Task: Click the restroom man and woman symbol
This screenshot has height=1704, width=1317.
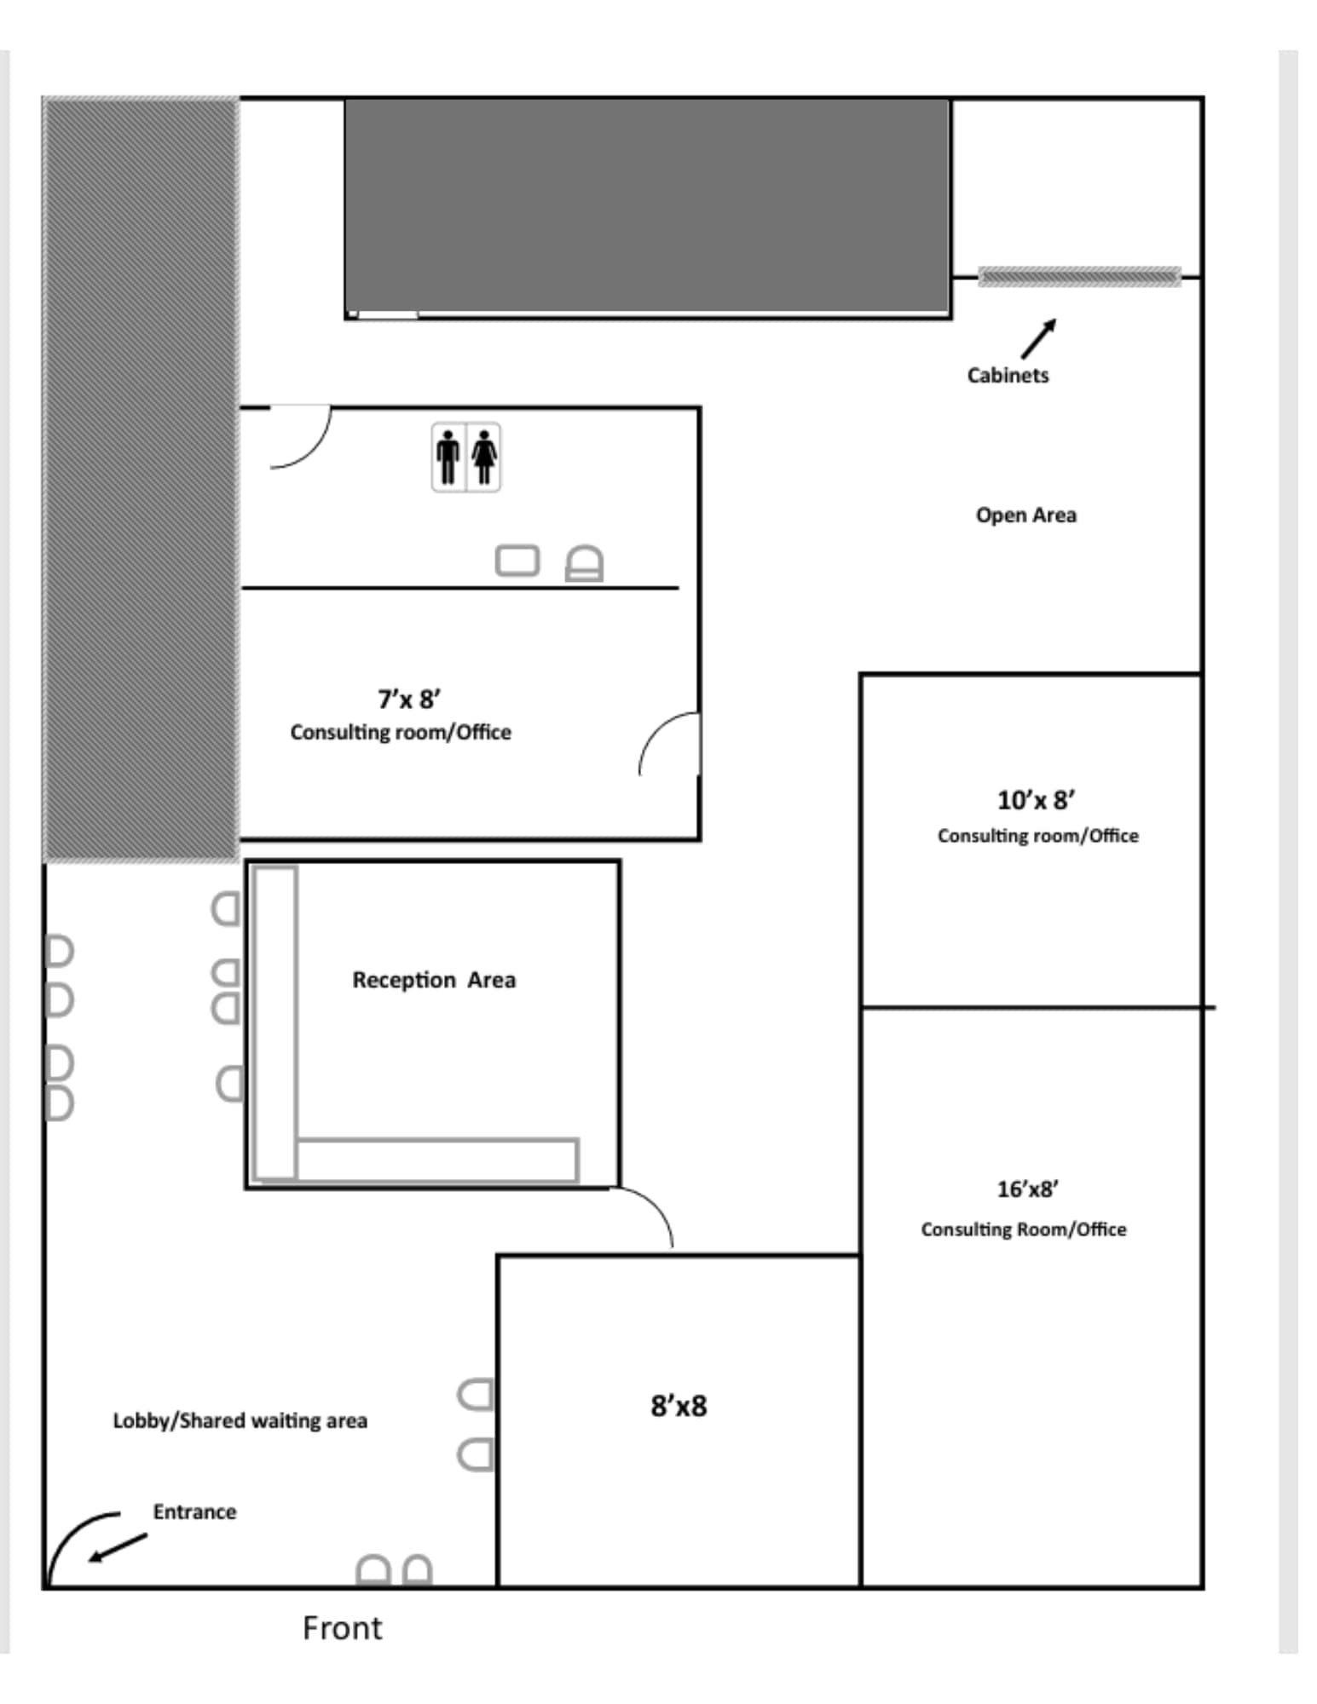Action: pyautogui.click(x=465, y=458)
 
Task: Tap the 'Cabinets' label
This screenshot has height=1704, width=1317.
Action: pyautogui.click(x=1007, y=375)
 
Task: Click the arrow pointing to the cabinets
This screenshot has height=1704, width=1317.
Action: pyautogui.click(x=1038, y=338)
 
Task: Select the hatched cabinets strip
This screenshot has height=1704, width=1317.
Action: pyautogui.click(x=1078, y=276)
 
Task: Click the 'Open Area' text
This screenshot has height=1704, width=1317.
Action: pyautogui.click(x=1025, y=515)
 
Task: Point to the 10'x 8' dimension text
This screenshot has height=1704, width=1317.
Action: pyautogui.click(x=1036, y=800)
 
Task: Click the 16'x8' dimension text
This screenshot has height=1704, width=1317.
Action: pyautogui.click(x=1027, y=1189)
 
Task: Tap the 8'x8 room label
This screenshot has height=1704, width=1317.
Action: pyautogui.click(x=679, y=1405)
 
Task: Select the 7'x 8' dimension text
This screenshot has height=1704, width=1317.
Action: pyautogui.click(x=408, y=699)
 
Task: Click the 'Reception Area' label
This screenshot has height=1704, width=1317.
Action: pyautogui.click(x=434, y=980)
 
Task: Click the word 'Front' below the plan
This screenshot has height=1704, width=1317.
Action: pyautogui.click(x=342, y=1628)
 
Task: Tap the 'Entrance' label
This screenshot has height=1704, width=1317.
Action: pyautogui.click(x=194, y=1511)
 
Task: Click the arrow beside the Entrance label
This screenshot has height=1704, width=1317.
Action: pyautogui.click(x=118, y=1547)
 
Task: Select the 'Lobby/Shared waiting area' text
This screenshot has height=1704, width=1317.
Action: pyautogui.click(x=240, y=1420)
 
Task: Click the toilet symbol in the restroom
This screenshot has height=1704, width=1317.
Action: pyautogui.click(x=584, y=563)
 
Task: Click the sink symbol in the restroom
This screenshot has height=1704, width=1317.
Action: pyautogui.click(x=517, y=561)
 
